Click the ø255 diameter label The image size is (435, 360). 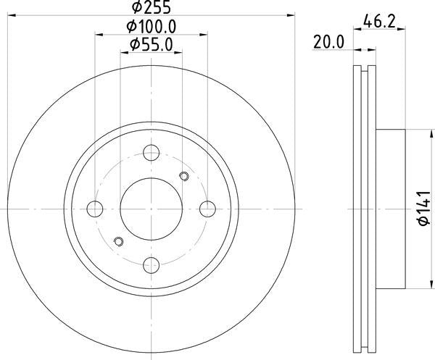coord(152,7)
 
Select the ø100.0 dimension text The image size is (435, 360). coord(152,27)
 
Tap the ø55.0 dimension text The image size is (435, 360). coord(152,45)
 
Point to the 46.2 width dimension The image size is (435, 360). coord(379,21)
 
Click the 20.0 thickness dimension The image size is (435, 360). coord(328,43)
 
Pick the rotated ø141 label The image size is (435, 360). coord(424,209)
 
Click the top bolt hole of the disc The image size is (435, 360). coord(152,153)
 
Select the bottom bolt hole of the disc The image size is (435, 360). coord(152,265)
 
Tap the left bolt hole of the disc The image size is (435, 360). coord(95,209)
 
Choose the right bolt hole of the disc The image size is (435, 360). coord(208,209)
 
